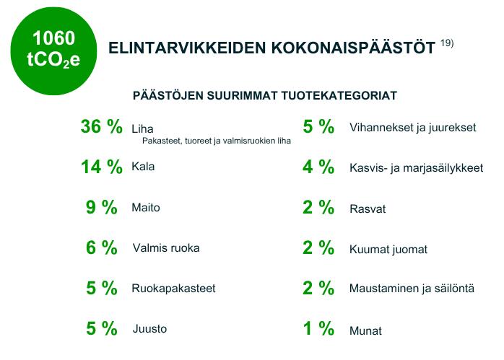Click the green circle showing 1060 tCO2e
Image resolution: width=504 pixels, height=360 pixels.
coord(53,51)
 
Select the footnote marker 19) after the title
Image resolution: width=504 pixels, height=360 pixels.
coord(447,43)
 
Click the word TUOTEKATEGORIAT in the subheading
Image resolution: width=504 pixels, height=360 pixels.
coord(339,96)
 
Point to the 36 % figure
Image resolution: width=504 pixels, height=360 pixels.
coord(102,126)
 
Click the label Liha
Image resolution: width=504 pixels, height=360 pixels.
coord(142,129)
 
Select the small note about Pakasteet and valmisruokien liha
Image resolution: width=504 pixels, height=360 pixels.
coord(217,141)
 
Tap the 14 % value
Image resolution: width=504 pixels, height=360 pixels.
coord(102,167)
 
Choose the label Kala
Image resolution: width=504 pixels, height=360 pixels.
coord(143,167)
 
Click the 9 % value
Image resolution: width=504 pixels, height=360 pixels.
coord(102,208)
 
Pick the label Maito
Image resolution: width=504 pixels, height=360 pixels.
coord(146,208)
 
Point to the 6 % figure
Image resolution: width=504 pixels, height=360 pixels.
coord(102,247)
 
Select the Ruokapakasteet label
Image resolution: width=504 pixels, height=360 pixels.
coord(173,289)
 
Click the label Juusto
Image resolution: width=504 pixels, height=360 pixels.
coord(149,328)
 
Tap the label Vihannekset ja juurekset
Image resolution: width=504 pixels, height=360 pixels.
coord(413,128)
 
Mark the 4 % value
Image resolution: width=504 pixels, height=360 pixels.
coord(318,167)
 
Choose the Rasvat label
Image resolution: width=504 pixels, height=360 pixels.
coord(368,209)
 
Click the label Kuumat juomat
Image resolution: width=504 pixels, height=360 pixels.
coord(388,250)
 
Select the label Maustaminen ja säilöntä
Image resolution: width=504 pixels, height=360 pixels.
coord(412,289)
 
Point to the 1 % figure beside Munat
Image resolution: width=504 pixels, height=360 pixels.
coord(318,328)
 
